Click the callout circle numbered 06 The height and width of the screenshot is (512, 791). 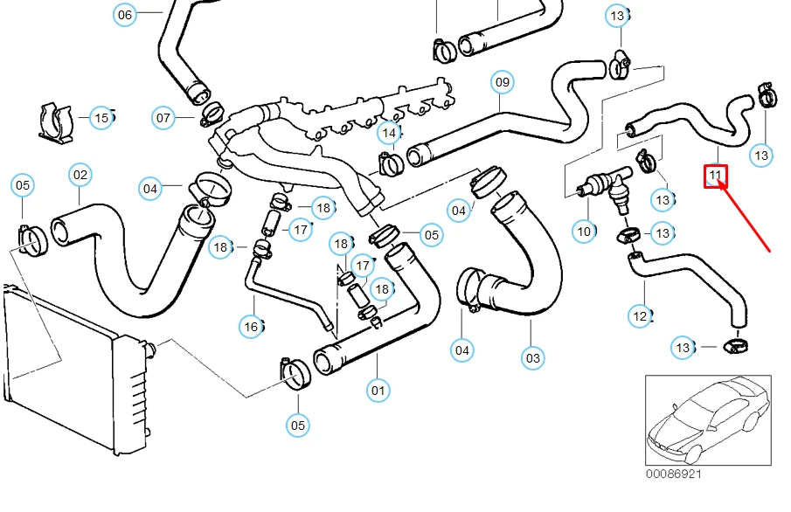point(125,15)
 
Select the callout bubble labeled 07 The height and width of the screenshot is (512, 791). point(163,117)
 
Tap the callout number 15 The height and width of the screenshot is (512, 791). point(101,117)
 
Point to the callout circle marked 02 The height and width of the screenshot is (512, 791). point(80,176)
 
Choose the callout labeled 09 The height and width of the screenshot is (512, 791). point(501,83)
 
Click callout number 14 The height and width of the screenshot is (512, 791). point(389,134)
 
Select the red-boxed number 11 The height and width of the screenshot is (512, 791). point(716,176)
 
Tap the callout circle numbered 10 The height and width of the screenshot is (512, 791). point(584,232)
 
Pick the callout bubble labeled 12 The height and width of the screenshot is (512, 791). point(641,315)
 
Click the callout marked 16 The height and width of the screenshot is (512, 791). point(252,326)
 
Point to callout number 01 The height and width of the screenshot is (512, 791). point(378,390)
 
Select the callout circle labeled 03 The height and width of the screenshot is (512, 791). point(532,357)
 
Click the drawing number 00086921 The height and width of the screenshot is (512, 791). point(673,474)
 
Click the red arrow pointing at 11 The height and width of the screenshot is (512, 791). point(745,218)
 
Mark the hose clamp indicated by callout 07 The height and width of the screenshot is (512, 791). point(212,112)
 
